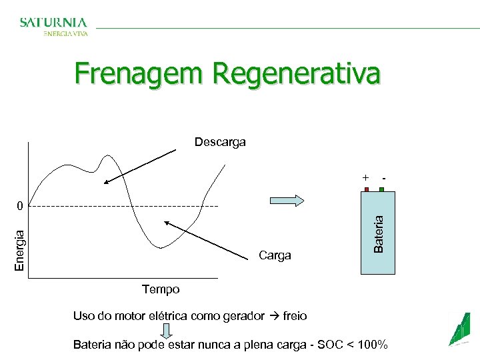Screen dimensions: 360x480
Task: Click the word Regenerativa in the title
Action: pyautogui.click(x=297, y=73)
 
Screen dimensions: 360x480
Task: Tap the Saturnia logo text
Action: pyautogui.click(x=53, y=23)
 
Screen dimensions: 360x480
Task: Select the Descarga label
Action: pyautogui.click(x=220, y=142)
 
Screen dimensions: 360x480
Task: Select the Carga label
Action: pyautogui.click(x=275, y=255)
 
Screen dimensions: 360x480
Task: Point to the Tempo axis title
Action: pyautogui.click(x=161, y=289)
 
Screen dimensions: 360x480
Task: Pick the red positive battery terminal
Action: pyautogui.click(x=366, y=189)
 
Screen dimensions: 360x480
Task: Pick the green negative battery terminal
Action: pyautogui.click(x=382, y=189)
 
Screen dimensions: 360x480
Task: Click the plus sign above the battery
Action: pyautogui.click(x=365, y=178)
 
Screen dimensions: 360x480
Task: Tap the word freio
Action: pyautogui.click(x=295, y=316)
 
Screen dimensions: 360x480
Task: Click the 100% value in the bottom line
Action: pyautogui.click(x=373, y=345)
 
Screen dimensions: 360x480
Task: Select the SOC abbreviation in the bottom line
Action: pyautogui.click(x=327, y=345)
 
